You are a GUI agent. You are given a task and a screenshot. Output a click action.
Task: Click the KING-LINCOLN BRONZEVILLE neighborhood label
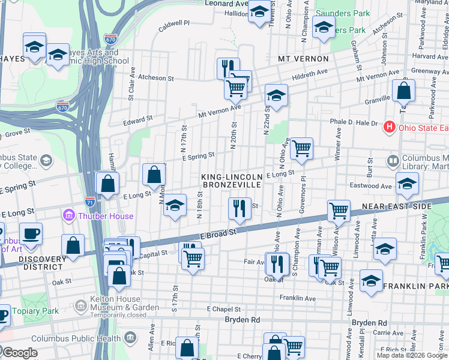pyautogui.click(x=232, y=181)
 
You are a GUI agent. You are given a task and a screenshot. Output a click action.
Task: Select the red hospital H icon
pyautogui.click(x=389, y=127)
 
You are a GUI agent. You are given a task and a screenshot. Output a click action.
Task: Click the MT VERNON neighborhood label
pyautogui.click(x=303, y=59)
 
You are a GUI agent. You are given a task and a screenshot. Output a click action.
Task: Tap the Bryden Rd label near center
pyautogui.click(x=243, y=320)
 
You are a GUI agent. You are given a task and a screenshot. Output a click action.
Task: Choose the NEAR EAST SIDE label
pyautogui.click(x=396, y=206)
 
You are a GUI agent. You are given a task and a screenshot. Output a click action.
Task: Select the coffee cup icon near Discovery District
pyautogui.click(x=31, y=233)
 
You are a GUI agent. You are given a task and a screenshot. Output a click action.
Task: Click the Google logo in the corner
pyautogui.click(x=20, y=353)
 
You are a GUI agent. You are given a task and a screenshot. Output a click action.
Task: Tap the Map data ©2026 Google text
pyautogui.click(x=411, y=355)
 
